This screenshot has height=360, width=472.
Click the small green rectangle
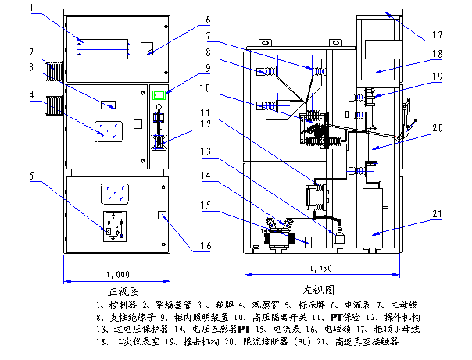point(159,95)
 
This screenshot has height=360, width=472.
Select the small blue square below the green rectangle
point(159,144)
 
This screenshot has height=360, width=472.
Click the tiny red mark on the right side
point(395,136)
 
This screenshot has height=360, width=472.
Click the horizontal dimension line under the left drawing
point(117,280)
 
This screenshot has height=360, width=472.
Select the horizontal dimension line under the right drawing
point(322,274)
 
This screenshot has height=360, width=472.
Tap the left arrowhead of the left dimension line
point(67,280)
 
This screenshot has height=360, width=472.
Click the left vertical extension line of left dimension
point(64,268)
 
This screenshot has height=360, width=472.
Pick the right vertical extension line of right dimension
point(399,264)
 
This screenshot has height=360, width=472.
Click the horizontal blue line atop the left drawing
point(104,50)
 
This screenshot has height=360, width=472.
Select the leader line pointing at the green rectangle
point(182,84)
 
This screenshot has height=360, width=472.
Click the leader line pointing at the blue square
point(178,137)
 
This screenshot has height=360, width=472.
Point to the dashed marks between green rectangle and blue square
point(157,118)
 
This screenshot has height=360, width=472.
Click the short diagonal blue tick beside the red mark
point(410,127)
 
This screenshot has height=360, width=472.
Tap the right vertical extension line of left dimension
point(170,268)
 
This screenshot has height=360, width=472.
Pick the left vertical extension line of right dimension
point(245,264)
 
